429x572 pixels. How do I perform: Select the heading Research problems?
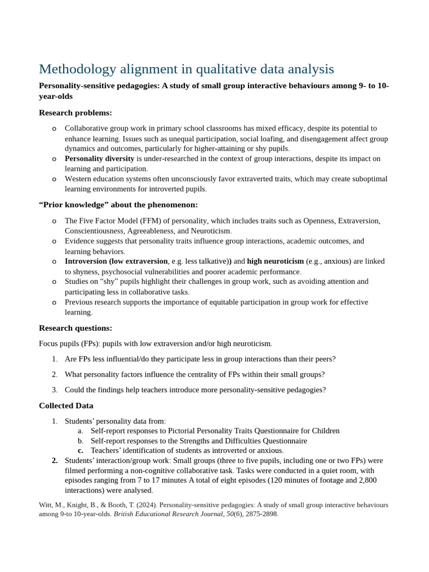[75, 113]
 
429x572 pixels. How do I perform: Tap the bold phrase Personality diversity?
[99, 159]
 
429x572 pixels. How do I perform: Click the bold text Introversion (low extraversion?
[116, 261]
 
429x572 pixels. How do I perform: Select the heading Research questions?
[75, 328]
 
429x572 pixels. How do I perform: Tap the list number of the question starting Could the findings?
[55, 390]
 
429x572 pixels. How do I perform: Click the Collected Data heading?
[66, 406]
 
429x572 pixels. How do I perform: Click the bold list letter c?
[80, 450]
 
